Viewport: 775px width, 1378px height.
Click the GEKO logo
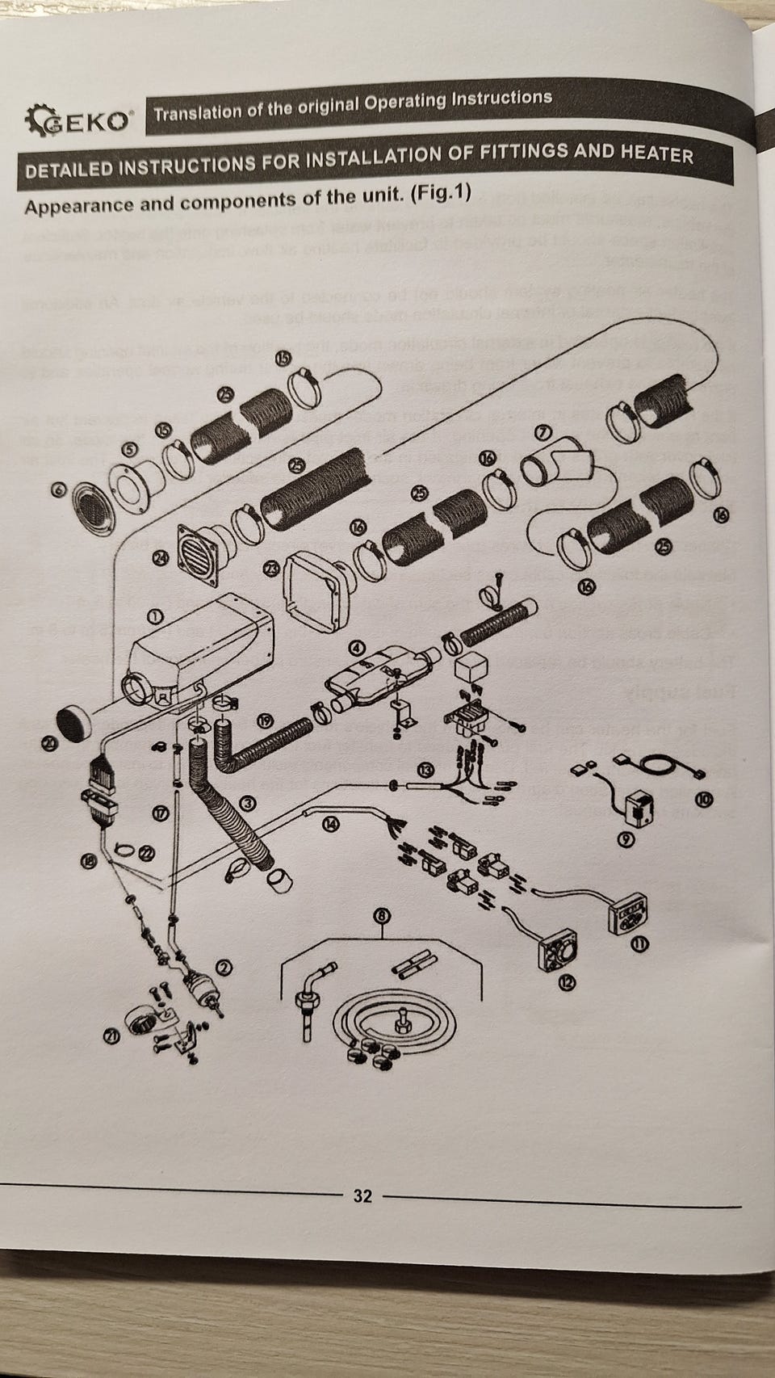click(x=79, y=122)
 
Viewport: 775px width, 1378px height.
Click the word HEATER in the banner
click(x=656, y=153)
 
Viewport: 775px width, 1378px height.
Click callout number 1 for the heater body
click(x=155, y=616)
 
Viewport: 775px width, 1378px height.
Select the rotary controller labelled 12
click(x=556, y=954)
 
